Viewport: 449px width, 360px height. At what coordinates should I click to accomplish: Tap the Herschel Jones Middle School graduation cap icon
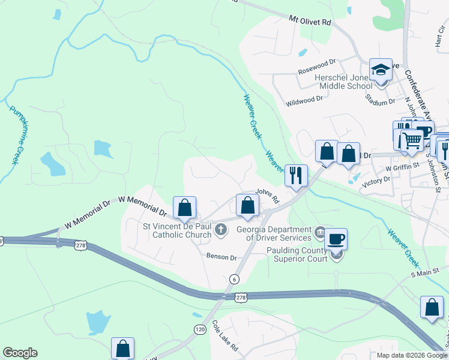tap(381, 70)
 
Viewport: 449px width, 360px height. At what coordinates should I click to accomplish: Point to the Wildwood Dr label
tap(309, 101)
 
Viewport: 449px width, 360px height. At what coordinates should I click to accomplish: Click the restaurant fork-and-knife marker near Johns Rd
tap(296, 175)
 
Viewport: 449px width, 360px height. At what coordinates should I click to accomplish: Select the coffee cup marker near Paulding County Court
tap(336, 239)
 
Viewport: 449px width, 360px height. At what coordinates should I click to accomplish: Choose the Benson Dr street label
tap(222, 257)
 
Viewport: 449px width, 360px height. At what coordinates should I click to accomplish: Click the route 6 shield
tap(234, 279)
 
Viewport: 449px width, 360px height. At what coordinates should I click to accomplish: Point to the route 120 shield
tap(200, 329)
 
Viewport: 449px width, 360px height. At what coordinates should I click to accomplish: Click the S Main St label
tap(424, 274)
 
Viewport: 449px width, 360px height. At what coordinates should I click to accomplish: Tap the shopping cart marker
tap(412, 141)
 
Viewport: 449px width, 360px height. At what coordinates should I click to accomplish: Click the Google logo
tap(20, 353)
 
